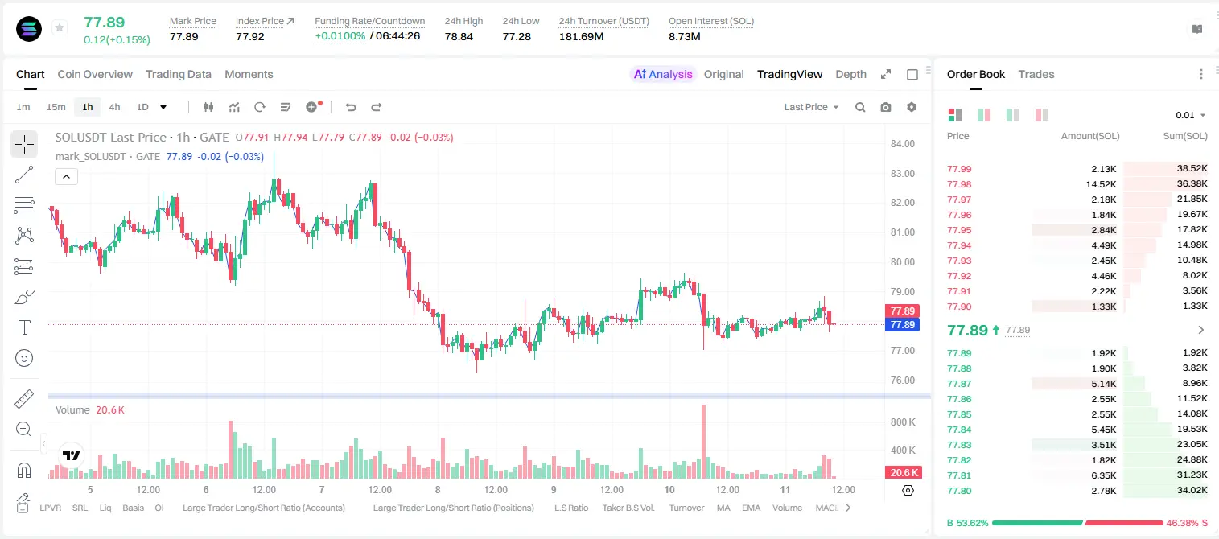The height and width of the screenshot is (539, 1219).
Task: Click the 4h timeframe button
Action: tap(114, 107)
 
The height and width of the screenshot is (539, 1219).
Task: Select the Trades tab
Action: tap(1036, 74)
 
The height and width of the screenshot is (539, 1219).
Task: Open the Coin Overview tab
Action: tap(95, 74)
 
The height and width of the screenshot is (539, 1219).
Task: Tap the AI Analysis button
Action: tap(663, 74)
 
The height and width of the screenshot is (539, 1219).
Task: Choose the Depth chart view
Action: tap(850, 74)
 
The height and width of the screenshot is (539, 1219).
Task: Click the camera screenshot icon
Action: tap(886, 107)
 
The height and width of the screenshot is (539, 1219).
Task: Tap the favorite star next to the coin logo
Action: tap(60, 27)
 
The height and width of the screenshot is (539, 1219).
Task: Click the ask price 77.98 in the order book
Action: tap(959, 184)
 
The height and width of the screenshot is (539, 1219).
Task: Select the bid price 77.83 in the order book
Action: tap(959, 445)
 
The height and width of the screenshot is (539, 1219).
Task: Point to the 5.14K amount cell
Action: tap(1104, 384)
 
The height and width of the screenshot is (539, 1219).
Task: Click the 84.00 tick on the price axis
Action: tap(902, 143)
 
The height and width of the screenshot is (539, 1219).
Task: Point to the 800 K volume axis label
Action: tap(903, 422)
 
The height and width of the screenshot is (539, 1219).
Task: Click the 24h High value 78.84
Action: tap(459, 36)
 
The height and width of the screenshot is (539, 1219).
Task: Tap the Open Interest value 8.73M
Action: tap(684, 36)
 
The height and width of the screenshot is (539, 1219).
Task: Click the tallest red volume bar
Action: tap(703, 442)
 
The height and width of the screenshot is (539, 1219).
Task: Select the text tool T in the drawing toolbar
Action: tap(24, 327)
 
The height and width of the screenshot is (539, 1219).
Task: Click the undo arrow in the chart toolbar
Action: tap(351, 107)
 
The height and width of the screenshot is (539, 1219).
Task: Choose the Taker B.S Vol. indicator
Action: tap(628, 508)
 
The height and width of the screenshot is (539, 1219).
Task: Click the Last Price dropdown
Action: tap(811, 107)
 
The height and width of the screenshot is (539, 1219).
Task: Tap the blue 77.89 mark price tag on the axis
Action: tap(902, 325)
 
